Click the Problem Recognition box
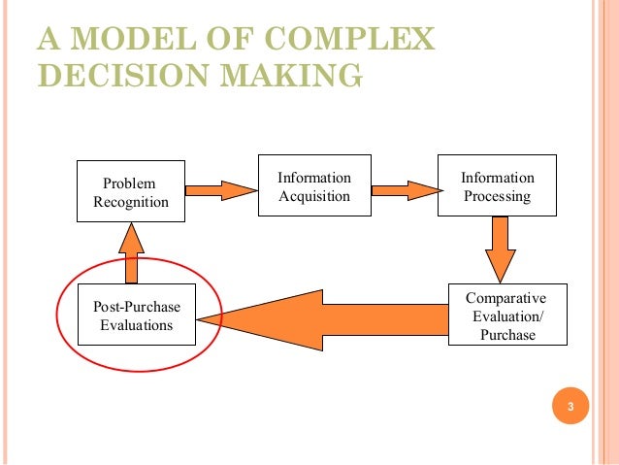coord(131,192)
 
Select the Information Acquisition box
coord(313,187)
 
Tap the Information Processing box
coord(497,187)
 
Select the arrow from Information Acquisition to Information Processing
coord(406,188)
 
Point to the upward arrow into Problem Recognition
coord(133,250)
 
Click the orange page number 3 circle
coord(570,406)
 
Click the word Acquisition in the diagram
coord(313,197)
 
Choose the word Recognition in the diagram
coord(131,202)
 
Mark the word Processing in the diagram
coord(497,197)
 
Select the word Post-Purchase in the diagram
coord(137,307)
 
